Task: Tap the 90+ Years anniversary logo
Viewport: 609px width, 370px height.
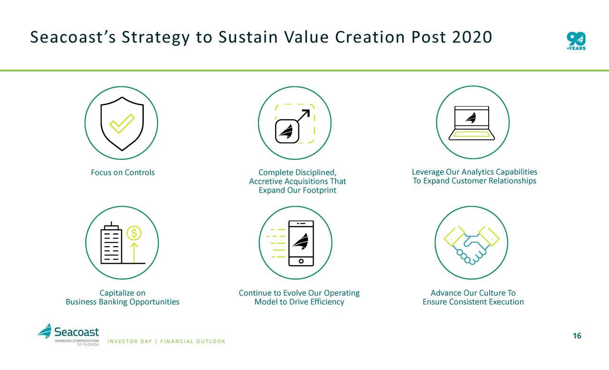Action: pyautogui.click(x=576, y=41)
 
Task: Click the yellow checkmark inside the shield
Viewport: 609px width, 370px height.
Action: pyautogui.click(x=122, y=124)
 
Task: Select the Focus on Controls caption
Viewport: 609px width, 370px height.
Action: pyautogui.click(x=123, y=172)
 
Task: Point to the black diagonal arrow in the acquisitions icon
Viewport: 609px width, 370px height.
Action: pyautogui.click(x=303, y=116)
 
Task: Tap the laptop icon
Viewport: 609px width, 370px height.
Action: pyautogui.click(x=471, y=123)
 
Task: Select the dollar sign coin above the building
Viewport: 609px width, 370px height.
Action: pyautogui.click(x=134, y=233)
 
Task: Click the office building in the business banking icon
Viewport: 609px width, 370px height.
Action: pyautogui.click(x=111, y=243)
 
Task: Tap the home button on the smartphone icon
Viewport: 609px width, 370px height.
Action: pyautogui.click(x=301, y=261)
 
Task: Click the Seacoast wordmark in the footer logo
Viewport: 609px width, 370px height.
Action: pyautogui.click(x=77, y=332)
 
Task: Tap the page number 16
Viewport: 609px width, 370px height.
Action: pyautogui.click(x=577, y=336)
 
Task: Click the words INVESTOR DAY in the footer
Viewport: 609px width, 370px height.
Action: pyautogui.click(x=130, y=341)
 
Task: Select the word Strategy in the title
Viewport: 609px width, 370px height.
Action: pyautogui.click(x=156, y=38)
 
